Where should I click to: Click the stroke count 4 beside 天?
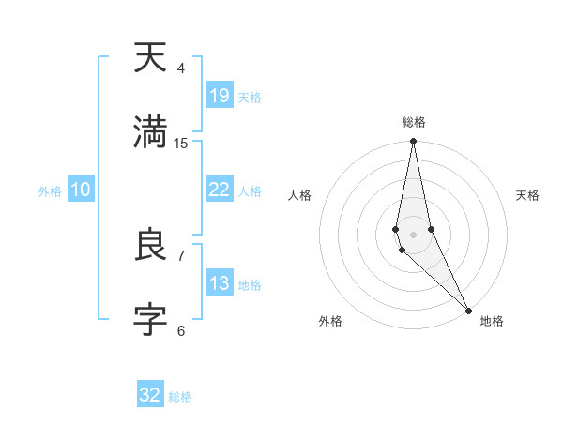181,68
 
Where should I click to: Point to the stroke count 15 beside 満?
181,143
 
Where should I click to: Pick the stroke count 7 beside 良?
181,255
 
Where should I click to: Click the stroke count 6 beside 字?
181,330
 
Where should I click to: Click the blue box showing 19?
219,96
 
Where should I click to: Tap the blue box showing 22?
219,190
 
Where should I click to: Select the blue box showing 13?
219,283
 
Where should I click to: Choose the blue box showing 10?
81,190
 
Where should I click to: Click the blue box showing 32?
150,395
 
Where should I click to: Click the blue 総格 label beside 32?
180,397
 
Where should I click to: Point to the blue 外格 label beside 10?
50,191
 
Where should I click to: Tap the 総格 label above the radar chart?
414,122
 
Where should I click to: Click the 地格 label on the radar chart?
492,322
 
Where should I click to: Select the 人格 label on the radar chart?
300,195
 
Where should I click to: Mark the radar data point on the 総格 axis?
413,142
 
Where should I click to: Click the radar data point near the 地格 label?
467,310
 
